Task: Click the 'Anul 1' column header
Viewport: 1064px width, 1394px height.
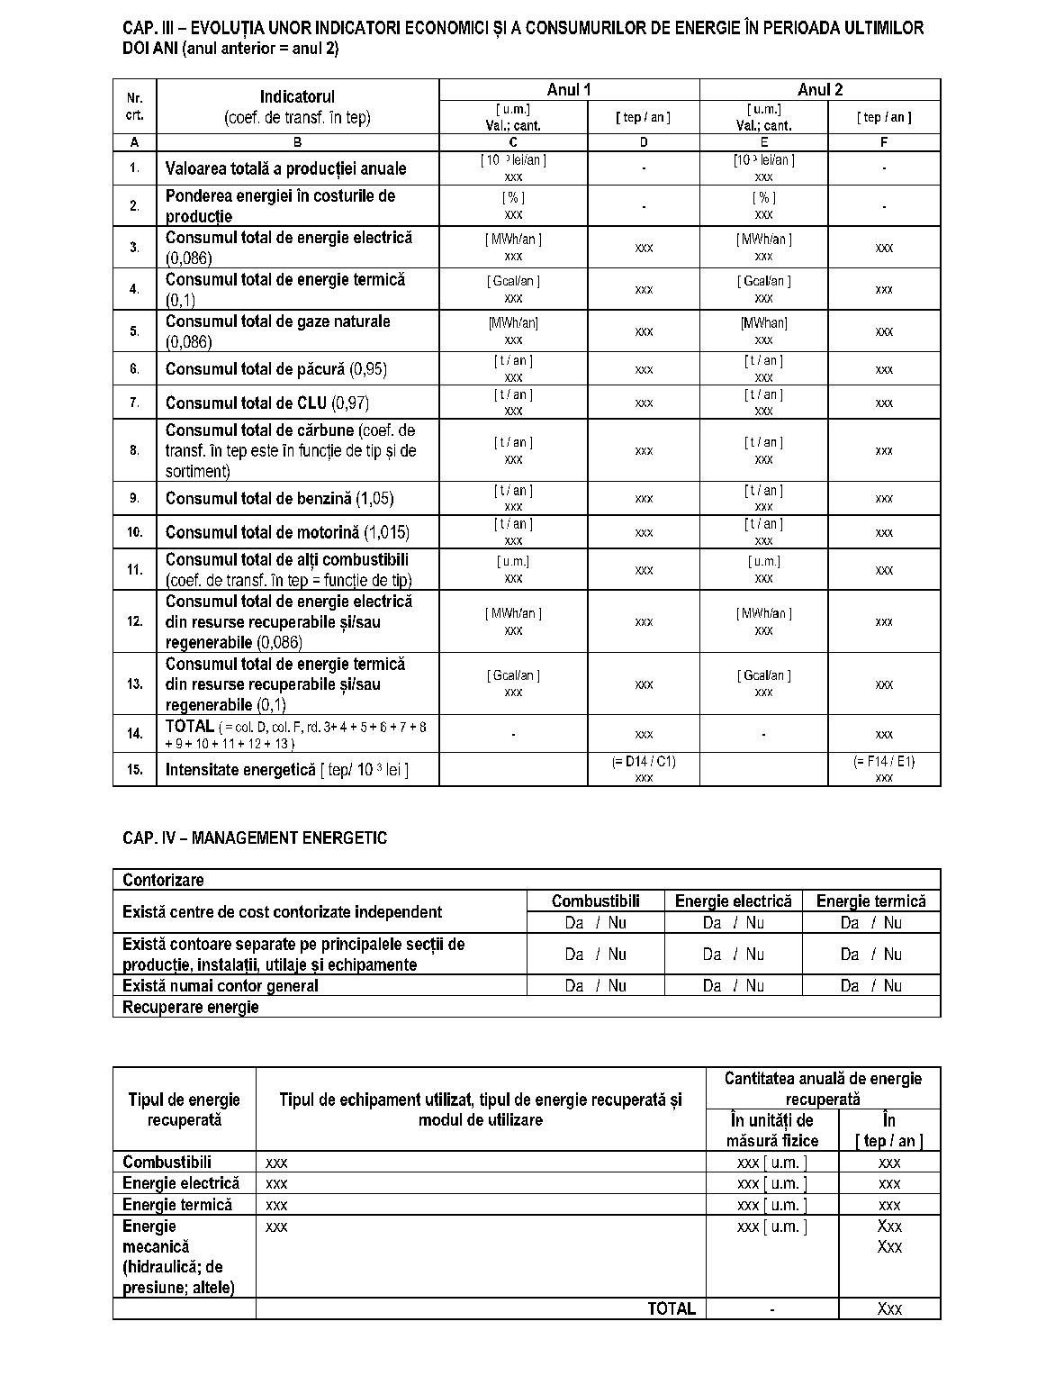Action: (569, 89)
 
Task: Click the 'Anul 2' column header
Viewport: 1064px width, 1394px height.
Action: (820, 89)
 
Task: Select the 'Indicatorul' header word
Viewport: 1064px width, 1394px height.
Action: (297, 96)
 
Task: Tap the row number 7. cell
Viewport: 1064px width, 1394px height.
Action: (134, 403)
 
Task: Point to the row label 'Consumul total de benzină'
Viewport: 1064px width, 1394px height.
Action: (279, 498)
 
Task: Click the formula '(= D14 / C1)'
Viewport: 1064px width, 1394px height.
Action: (644, 762)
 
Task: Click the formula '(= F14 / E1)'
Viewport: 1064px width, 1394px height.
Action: (884, 762)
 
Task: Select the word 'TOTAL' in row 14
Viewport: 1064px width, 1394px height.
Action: (190, 726)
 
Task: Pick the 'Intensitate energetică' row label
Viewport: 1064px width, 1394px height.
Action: (240, 770)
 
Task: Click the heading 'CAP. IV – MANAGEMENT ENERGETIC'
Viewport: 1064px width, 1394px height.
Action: (255, 837)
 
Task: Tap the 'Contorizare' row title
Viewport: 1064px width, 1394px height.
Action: (163, 880)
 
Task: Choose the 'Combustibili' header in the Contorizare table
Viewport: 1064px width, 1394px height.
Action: (595, 901)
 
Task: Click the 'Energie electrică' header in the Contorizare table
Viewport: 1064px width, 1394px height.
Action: (733, 901)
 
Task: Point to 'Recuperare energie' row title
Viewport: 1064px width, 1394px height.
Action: (190, 1007)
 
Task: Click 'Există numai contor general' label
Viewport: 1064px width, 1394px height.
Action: (220, 985)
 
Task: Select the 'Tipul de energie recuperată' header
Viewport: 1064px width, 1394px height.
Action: (184, 1109)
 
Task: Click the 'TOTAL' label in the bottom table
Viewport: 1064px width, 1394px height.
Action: (672, 1308)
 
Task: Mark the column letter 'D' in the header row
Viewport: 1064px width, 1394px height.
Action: (644, 142)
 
